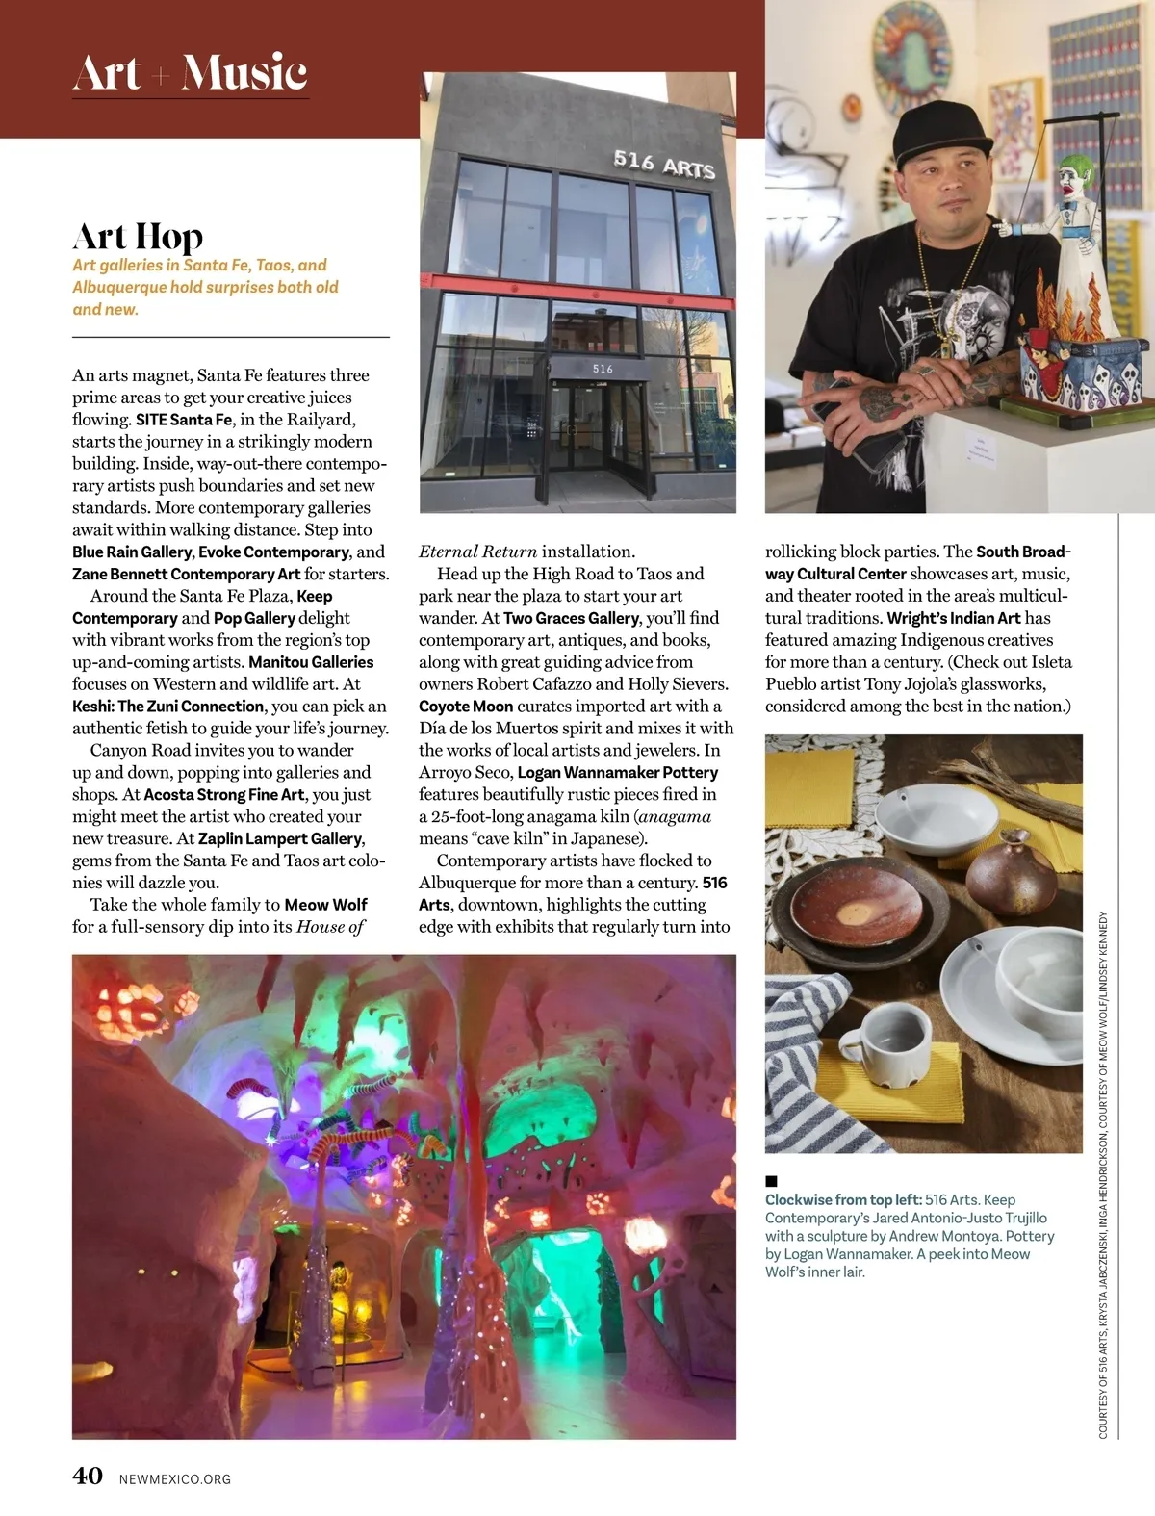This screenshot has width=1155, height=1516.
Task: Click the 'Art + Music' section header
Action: click(x=190, y=73)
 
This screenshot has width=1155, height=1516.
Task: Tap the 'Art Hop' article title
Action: click(x=138, y=236)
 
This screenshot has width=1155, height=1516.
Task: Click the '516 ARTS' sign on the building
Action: click(x=664, y=165)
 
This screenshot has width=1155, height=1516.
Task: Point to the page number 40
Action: click(x=88, y=1476)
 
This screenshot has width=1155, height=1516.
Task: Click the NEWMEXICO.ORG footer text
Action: click(x=175, y=1478)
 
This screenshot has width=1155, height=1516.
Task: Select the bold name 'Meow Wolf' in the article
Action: click(x=326, y=905)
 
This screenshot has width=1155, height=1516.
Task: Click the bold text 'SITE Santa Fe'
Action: click(x=184, y=420)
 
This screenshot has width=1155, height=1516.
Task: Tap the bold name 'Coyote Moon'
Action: click(x=466, y=707)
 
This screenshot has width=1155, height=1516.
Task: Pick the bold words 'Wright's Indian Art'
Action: click(x=953, y=618)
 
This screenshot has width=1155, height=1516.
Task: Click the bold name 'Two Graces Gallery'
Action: click(x=571, y=618)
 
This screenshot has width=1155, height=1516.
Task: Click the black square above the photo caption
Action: click(x=771, y=1181)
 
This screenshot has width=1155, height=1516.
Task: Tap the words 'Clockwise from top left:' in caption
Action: click(x=843, y=1200)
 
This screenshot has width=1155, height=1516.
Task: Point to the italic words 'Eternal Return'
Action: click(x=477, y=552)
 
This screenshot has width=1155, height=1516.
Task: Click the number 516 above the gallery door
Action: click(x=603, y=369)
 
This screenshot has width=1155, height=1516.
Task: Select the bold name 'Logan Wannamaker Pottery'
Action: click(x=617, y=773)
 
